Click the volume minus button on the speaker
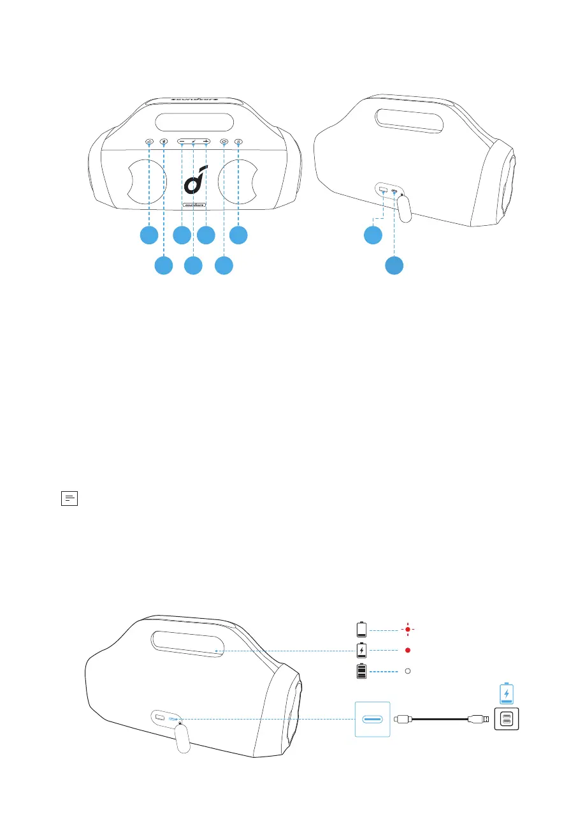182,142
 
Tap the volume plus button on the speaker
206,142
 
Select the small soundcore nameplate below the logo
193,205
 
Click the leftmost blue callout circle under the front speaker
149,235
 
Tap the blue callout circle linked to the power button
224,265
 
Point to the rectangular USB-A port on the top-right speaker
383,189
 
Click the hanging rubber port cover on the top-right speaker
404,207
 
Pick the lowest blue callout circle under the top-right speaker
394,265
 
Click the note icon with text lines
69,498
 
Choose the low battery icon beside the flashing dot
362,630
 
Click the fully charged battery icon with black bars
362,672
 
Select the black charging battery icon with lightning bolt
362,651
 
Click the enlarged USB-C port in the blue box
371,720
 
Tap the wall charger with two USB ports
506,720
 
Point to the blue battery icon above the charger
506,692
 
